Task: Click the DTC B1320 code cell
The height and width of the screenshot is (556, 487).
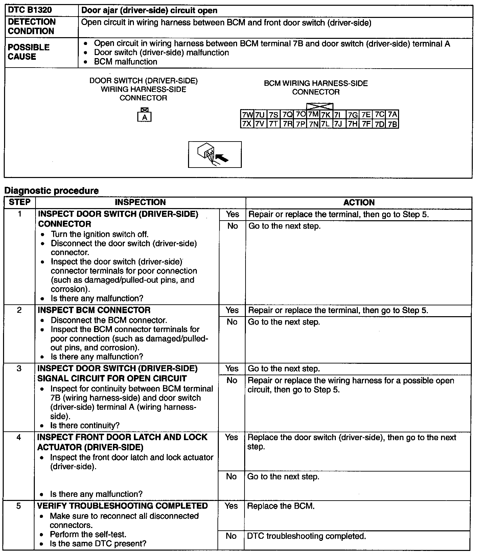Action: point(30,10)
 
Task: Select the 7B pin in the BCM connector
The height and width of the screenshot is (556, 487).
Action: point(392,124)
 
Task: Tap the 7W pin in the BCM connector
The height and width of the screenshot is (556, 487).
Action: point(247,115)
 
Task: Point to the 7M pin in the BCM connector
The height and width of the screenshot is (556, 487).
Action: point(313,115)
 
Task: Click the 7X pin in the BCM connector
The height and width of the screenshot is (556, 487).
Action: point(247,124)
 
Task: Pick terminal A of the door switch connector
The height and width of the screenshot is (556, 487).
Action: point(145,117)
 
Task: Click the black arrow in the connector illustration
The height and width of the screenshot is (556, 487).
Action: point(222,158)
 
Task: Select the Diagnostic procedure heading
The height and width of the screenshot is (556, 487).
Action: point(51,191)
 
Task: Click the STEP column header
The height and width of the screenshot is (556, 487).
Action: point(20,202)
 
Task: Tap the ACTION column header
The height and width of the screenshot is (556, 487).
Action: point(359,202)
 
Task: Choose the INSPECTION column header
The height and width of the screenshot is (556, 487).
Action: point(140,202)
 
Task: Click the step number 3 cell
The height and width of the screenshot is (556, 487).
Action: point(19,368)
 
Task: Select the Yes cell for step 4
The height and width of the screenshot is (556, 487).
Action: point(231,437)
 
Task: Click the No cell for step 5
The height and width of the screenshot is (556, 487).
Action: point(231,536)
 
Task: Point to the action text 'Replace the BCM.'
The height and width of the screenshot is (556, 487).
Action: point(281,506)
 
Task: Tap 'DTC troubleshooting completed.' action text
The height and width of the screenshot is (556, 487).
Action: point(306,536)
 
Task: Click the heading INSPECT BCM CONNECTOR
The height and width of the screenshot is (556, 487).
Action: point(94,310)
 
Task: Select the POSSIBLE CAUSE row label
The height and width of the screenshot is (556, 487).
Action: point(29,52)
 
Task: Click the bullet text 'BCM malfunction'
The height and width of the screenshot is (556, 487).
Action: point(125,62)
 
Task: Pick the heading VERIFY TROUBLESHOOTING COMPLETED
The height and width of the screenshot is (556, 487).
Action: point(122,506)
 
